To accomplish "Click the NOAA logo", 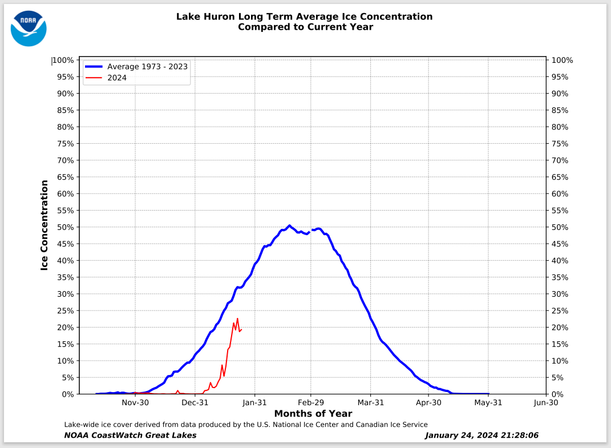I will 29,28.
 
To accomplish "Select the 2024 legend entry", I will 117,78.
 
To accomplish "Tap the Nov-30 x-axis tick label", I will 135,402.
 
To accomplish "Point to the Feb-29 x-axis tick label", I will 310,402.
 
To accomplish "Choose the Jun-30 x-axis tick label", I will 545,402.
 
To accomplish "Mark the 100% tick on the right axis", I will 562,60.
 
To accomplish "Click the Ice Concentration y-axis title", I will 44,225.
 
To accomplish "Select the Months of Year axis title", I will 313,414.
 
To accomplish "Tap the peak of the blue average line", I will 289,225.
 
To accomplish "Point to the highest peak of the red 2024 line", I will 237,318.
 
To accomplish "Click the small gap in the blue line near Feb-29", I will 310,231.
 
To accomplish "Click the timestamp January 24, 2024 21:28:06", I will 481,435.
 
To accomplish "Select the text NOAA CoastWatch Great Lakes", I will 131,435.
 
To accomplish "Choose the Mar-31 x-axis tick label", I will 370,402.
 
